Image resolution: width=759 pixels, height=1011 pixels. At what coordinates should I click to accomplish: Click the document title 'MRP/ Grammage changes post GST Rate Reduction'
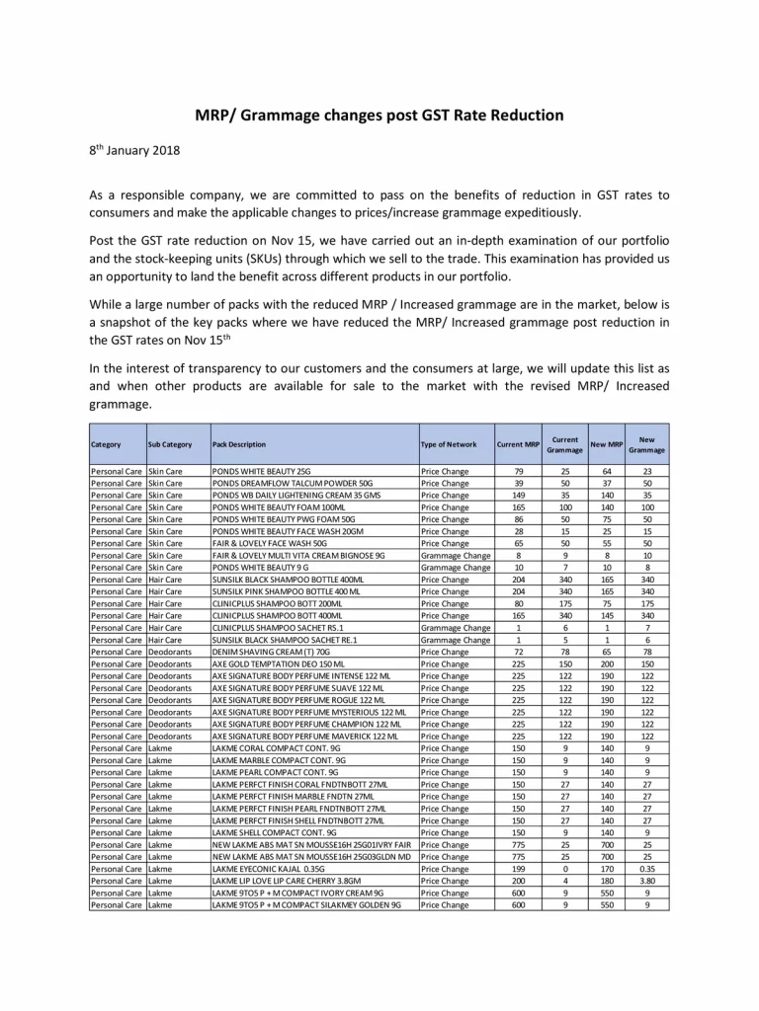click(379, 116)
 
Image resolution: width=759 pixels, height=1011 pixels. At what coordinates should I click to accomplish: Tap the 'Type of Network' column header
click(449, 445)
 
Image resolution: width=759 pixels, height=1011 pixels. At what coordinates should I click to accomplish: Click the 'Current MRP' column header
click(518, 445)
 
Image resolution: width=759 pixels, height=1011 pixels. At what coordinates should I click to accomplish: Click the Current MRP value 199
click(518, 869)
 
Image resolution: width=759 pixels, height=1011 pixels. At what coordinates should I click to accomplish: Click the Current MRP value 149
click(518, 496)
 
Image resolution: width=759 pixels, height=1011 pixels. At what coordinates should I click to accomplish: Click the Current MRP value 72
click(518, 653)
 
